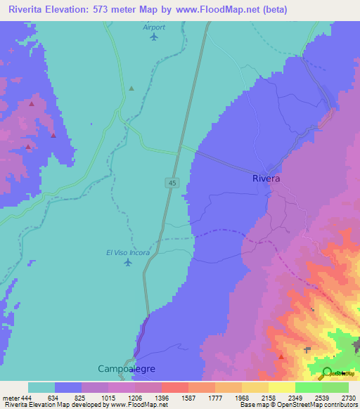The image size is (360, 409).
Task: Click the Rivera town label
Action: [x=266, y=178]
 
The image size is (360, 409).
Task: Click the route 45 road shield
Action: [x=172, y=183]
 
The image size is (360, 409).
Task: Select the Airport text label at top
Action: [x=154, y=27]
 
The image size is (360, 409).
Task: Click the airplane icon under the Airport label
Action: [x=154, y=37]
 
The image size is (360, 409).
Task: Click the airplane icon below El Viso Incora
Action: [x=127, y=263]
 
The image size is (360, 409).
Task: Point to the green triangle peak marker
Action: [x=131, y=89]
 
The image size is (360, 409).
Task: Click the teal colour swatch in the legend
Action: [x=41, y=387]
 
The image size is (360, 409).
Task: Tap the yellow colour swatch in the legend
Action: [x=281, y=387]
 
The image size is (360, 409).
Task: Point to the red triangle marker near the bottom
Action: [x=281, y=356]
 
